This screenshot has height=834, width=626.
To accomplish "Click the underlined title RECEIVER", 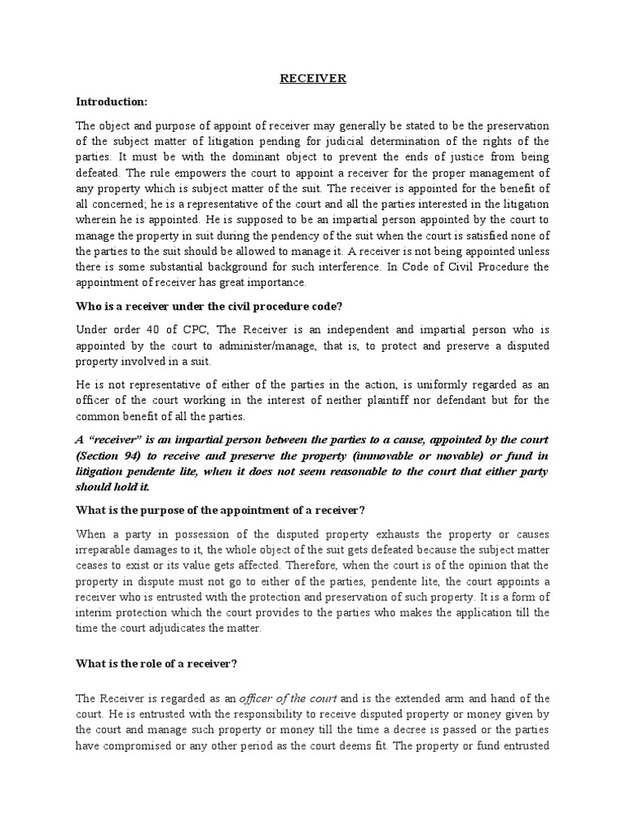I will pos(313,79).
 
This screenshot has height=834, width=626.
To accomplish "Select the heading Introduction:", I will pos(112,103).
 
